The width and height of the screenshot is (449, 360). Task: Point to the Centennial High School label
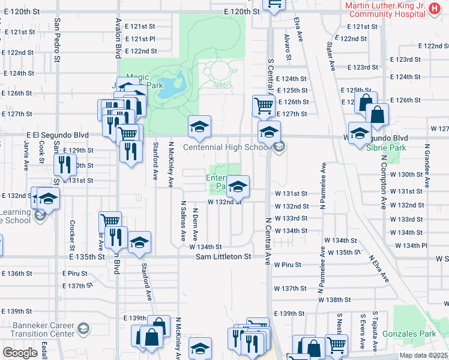(225, 148)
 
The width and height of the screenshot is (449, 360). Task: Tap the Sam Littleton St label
(223, 257)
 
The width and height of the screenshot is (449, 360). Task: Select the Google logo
(20, 353)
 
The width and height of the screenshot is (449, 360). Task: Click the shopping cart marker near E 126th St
(264, 106)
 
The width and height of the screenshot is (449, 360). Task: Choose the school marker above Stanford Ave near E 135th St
(139, 242)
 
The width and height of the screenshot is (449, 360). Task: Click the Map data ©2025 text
(424, 355)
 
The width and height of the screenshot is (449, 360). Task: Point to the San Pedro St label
(56, 40)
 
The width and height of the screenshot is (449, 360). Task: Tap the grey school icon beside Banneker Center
(83, 329)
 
